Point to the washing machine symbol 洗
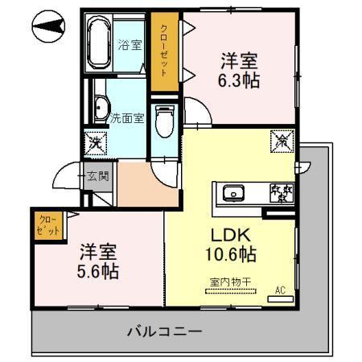[x=96, y=145]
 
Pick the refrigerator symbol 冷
[x=282, y=139]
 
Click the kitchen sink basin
[x=235, y=193]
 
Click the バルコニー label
[x=164, y=330]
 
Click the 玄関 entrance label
[x=98, y=174]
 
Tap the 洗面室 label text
[x=127, y=117]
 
